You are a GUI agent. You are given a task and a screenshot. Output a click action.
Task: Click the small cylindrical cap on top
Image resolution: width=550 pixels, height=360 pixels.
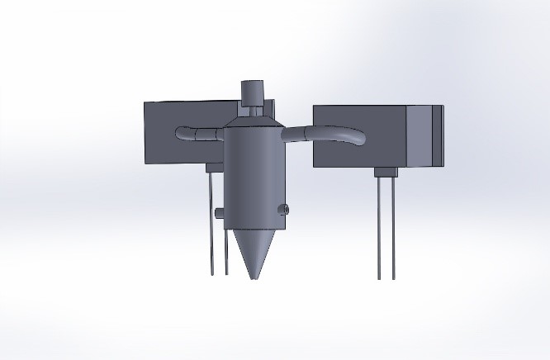pos(251,90)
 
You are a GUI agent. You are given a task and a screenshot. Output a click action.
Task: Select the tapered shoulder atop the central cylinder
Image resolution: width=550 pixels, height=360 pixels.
pos(251,121)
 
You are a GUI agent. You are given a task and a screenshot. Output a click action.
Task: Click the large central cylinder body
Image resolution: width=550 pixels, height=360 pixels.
pos(252,173)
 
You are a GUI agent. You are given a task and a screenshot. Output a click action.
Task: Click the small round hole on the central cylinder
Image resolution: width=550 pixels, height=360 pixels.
pos(283,209)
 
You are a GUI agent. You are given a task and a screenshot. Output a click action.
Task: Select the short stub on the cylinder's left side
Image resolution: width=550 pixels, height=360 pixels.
pos(220,213)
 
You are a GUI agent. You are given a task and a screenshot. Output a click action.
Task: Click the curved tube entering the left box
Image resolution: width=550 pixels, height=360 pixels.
pos(197,133)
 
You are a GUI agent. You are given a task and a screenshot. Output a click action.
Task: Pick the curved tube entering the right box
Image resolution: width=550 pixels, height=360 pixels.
pos(330,132)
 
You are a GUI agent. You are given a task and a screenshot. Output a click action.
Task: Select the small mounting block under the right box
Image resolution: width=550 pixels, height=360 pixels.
pos(386,172)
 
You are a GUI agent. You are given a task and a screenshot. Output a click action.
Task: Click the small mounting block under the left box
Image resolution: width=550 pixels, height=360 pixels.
pos(214,168)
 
